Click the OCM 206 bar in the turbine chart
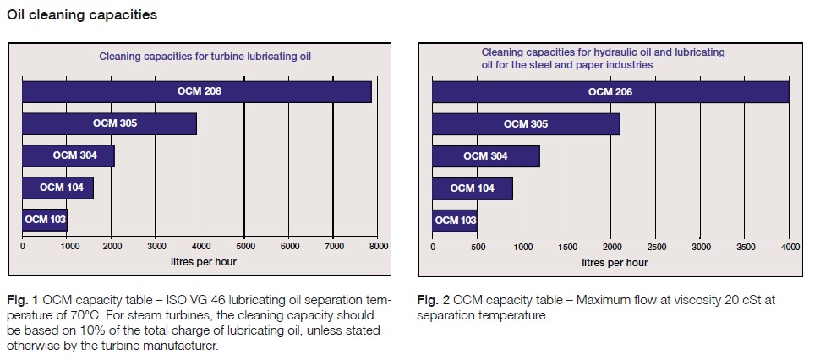point(197,91)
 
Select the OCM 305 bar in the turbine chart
point(110,123)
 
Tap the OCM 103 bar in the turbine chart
point(45,220)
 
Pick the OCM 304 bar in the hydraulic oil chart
point(486,156)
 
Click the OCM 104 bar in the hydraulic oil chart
point(473,188)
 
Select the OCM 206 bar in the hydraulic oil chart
point(610,92)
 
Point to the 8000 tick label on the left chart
point(378,246)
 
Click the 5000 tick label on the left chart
point(244,246)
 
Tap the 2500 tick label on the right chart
point(656,246)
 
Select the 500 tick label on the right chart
point(477,246)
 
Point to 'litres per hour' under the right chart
point(615,262)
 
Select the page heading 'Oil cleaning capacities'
point(81,14)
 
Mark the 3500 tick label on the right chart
point(746,246)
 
